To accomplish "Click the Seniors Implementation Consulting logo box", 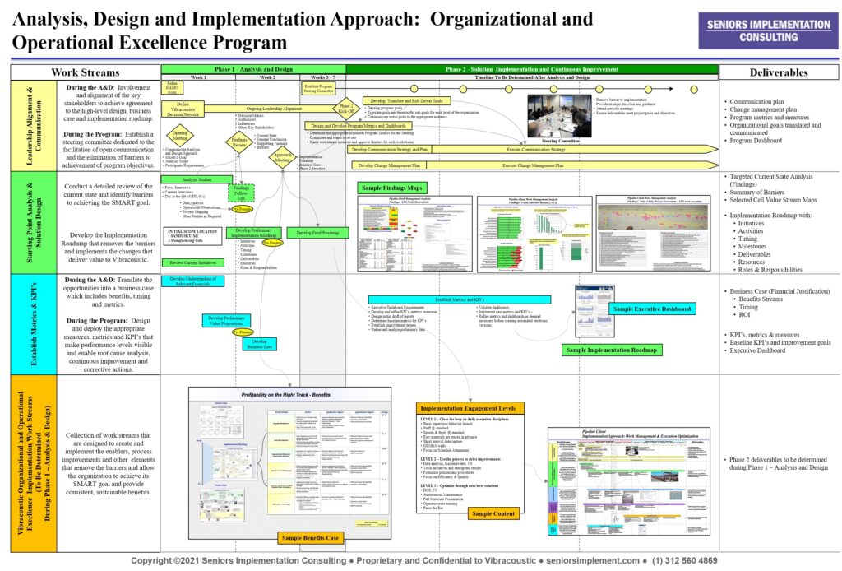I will [769, 31].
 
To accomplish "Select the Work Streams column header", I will [85, 72].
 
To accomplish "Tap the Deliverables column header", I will [779, 72].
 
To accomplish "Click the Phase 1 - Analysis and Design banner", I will [253, 69].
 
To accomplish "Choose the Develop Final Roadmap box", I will [317, 233].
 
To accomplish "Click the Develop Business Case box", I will [260, 345].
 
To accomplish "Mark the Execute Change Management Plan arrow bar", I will [534, 165].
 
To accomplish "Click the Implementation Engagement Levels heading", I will [468, 408].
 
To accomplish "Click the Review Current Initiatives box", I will [194, 262].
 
